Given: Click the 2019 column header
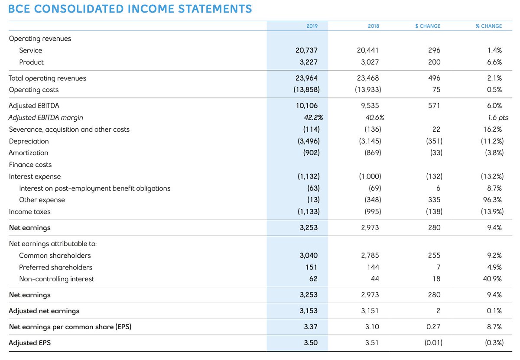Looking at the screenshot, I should (x=312, y=26).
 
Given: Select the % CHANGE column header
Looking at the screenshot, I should (x=488, y=26).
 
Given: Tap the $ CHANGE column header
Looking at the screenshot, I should (x=427, y=26).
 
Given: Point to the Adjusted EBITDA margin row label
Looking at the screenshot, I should (x=46, y=117).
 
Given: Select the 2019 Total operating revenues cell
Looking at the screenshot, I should (x=308, y=78).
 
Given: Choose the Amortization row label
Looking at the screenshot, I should (x=29, y=152).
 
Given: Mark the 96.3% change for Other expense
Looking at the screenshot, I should (x=493, y=200).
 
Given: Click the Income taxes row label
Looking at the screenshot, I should (x=29, y=211).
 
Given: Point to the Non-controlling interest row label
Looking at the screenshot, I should (x=56, y=279).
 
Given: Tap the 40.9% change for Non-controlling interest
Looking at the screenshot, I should (x=492, y=279).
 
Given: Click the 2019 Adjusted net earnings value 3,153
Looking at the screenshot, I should (x=309, y=311).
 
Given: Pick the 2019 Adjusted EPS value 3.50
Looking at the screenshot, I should (x=311, y=343).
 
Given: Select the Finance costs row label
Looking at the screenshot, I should (x=30, y=165).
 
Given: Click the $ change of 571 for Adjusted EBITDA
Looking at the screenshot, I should (x=434, y=105).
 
